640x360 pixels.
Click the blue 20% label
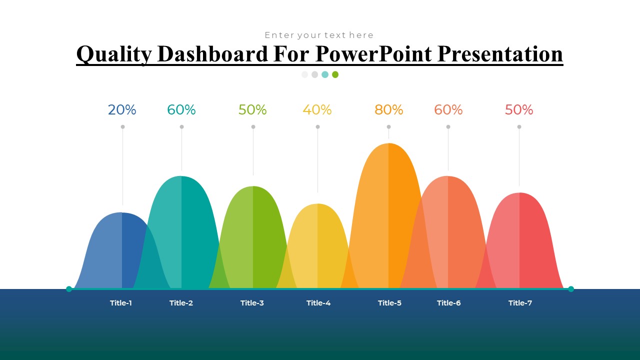(122, 110)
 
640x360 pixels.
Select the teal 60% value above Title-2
(181, 110)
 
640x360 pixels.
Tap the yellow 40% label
(317, 110)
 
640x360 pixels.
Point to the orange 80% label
(388, 110)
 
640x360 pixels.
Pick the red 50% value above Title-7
(519, 110)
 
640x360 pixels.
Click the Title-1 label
(121, 303)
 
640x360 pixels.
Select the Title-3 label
(252, 303)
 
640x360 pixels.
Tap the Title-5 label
(389, 303)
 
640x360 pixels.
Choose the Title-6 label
(448, 303)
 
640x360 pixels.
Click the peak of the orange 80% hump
(388, 144)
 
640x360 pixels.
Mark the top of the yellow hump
(317, 205)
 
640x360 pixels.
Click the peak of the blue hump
(122, 214)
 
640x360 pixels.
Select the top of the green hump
(253, 187)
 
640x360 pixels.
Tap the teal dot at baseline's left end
(69, 289)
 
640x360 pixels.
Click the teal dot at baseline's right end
(571, 289)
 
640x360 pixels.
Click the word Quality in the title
(114, 54)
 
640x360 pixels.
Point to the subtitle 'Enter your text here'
(319, 35)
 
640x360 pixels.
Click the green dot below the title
(335, 74)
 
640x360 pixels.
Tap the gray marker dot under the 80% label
(388, 127)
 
